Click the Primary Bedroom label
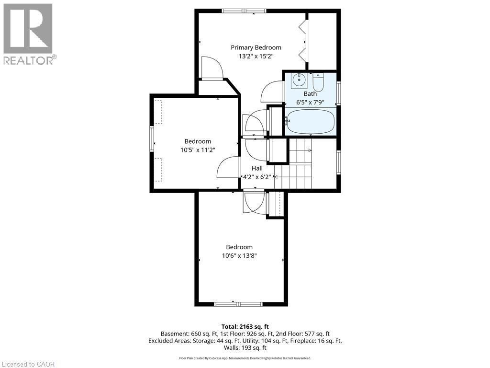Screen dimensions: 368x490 (256, 47)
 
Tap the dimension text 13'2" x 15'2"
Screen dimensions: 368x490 (256, 56)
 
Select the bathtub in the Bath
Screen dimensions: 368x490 (310, 122)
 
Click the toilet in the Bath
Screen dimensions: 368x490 (318, 82)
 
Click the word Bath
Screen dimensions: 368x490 (310, 94)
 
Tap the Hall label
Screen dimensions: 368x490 (257, 168)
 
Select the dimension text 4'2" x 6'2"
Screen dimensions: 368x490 (257, 176)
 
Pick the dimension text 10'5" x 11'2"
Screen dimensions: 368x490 (198, 149)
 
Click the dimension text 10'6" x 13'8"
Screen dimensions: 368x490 (239, 255)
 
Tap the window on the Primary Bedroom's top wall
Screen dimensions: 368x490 (244, 11)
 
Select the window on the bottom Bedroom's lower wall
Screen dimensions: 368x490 (238, 304)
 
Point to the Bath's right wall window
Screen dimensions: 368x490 (338, 93)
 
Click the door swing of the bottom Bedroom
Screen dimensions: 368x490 (254, 203)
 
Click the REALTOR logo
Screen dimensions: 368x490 (29, 34)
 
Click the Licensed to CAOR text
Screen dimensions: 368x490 (28, 364)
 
